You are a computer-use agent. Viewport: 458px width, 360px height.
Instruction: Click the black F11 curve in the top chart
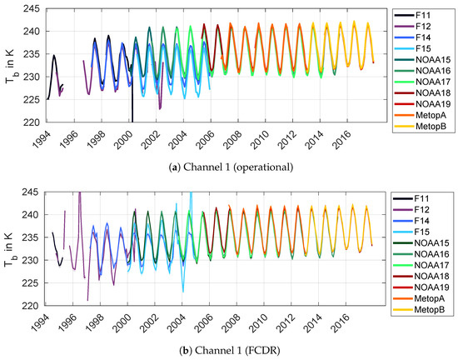[x=54, y=57]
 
